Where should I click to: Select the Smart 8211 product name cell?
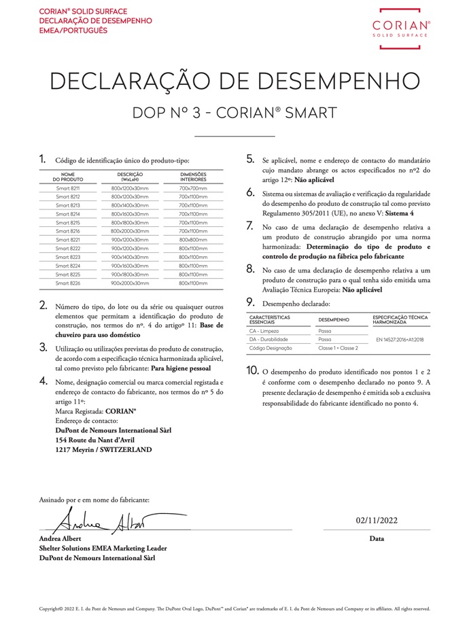pyautogui.click(x=68, y=188)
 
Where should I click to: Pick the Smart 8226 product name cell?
pyautogui.click(x=68, y=283)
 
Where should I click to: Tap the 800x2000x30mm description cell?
pyautogui.click(x=130, y=231)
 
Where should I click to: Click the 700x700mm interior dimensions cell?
pyautogui.click(x=193, y=188)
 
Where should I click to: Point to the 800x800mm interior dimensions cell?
pyautogui.click(x=193, y=240)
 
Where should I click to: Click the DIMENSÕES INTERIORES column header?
pyautogui.click(x=193, y=177)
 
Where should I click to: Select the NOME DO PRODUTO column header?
pyautogui.click(x=68, y=177)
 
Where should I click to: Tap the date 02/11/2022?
pyautogui.click(x=377, y=521)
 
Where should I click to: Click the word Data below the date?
pyautogui.click(x=377, y=538)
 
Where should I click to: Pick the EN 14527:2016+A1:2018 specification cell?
pyautogui.click(x=400, y=338)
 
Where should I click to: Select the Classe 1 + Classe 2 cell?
pyautogui.click(x=338, y=347)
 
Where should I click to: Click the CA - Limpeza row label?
pyautogui.click(x=264, y=330)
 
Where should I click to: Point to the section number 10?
pyautogui.click(x=251, y=370)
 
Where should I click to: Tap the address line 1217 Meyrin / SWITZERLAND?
pyautogui.click(x=103, y=449)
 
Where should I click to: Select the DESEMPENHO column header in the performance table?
pyautogui.click(x=334, y=319)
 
